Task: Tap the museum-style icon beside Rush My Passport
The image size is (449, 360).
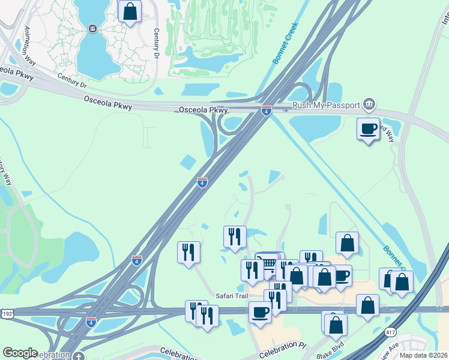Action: click(369, 106)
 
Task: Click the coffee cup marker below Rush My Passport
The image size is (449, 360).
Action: click(368, 128)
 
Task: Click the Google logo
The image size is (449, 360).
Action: click(20, 353)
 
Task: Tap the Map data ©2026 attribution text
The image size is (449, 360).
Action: click(424, 355)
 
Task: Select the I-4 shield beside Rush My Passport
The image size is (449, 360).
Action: click(267, 110)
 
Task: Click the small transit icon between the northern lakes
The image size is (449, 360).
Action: click(92, 28)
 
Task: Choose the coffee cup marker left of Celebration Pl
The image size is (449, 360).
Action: click(260, 312)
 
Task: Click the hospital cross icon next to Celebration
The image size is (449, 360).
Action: click(79, 356)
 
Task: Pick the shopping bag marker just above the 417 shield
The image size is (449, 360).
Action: click(367, 304)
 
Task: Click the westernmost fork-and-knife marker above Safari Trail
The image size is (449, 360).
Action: click(188, 251)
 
